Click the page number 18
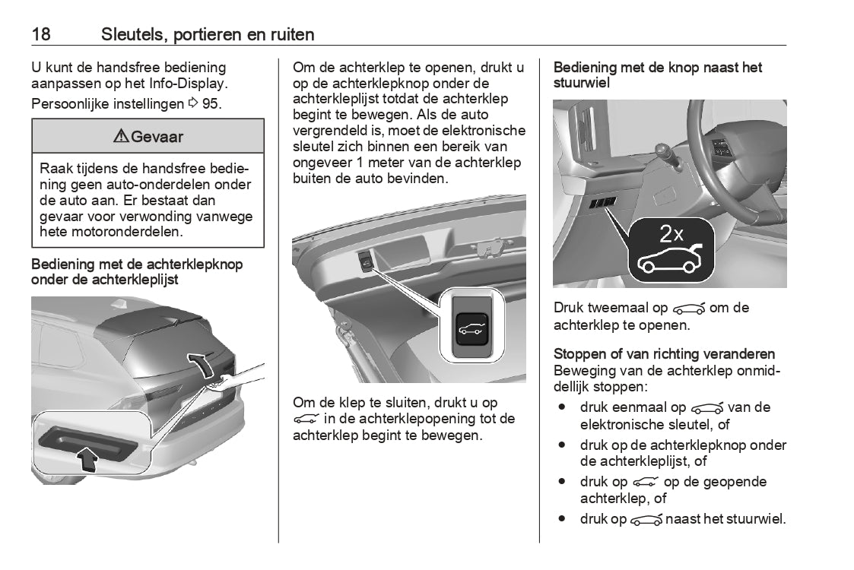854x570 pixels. click(x=41, y=34)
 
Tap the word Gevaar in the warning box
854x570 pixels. click(x=157, y=138)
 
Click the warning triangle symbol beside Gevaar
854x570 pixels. click(x=121, y=138)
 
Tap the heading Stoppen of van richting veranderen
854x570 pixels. click(x=665, y=354)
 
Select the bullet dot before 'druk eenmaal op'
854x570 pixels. click(x=561, y=407)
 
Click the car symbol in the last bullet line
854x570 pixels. click(x=646, y=520)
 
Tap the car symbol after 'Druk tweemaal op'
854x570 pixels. click(x=690, y=308)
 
